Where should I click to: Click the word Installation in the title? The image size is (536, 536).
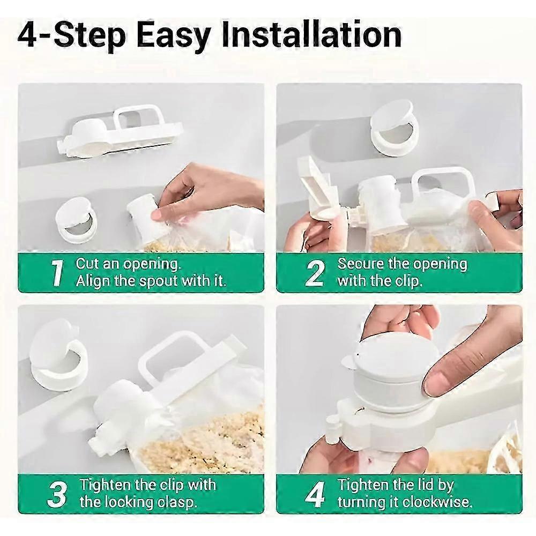click(x=311, y=35)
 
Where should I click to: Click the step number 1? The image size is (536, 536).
click(x=57, y=272)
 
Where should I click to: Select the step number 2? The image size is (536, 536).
click(x=315, y=272)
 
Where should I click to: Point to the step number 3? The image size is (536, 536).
click(x=57, y=494)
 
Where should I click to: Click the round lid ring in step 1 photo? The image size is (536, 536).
click(x=77, y=220)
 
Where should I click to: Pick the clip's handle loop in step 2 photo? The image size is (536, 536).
click(x=445, y=182)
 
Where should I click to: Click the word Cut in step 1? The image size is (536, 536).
click(x=88, y=264)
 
